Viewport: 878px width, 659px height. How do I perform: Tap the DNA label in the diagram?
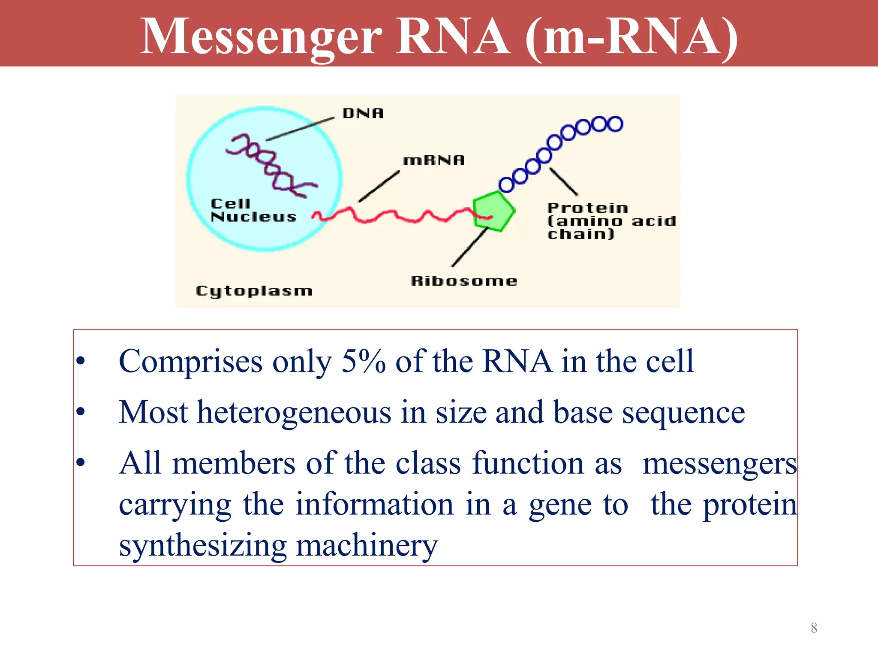(x=363, y=113)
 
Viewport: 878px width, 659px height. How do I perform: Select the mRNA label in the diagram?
(x=433, y=160)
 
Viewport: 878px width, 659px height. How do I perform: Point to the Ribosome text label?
(x=464, y=281)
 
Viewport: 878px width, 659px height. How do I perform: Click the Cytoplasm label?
(x=254, y=291)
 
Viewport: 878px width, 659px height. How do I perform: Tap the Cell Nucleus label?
(x=253, y=210)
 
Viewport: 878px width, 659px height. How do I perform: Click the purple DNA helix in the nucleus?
(x=270, y=165)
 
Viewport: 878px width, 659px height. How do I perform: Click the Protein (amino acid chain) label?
(x=611, y=221)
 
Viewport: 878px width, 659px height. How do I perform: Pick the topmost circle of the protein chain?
(x=615, y=124)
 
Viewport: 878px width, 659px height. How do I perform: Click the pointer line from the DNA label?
(x=300, y=129)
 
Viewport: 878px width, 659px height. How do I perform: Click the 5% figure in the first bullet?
(x=363, y=361)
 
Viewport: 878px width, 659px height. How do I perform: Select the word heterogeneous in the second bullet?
(x=294, y=412)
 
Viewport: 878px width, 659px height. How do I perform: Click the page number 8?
(x=814, y=628)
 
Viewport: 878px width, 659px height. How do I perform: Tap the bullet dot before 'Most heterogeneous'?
(x=81, y=412)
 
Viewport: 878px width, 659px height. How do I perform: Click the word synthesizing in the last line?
(x=202, y=546)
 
